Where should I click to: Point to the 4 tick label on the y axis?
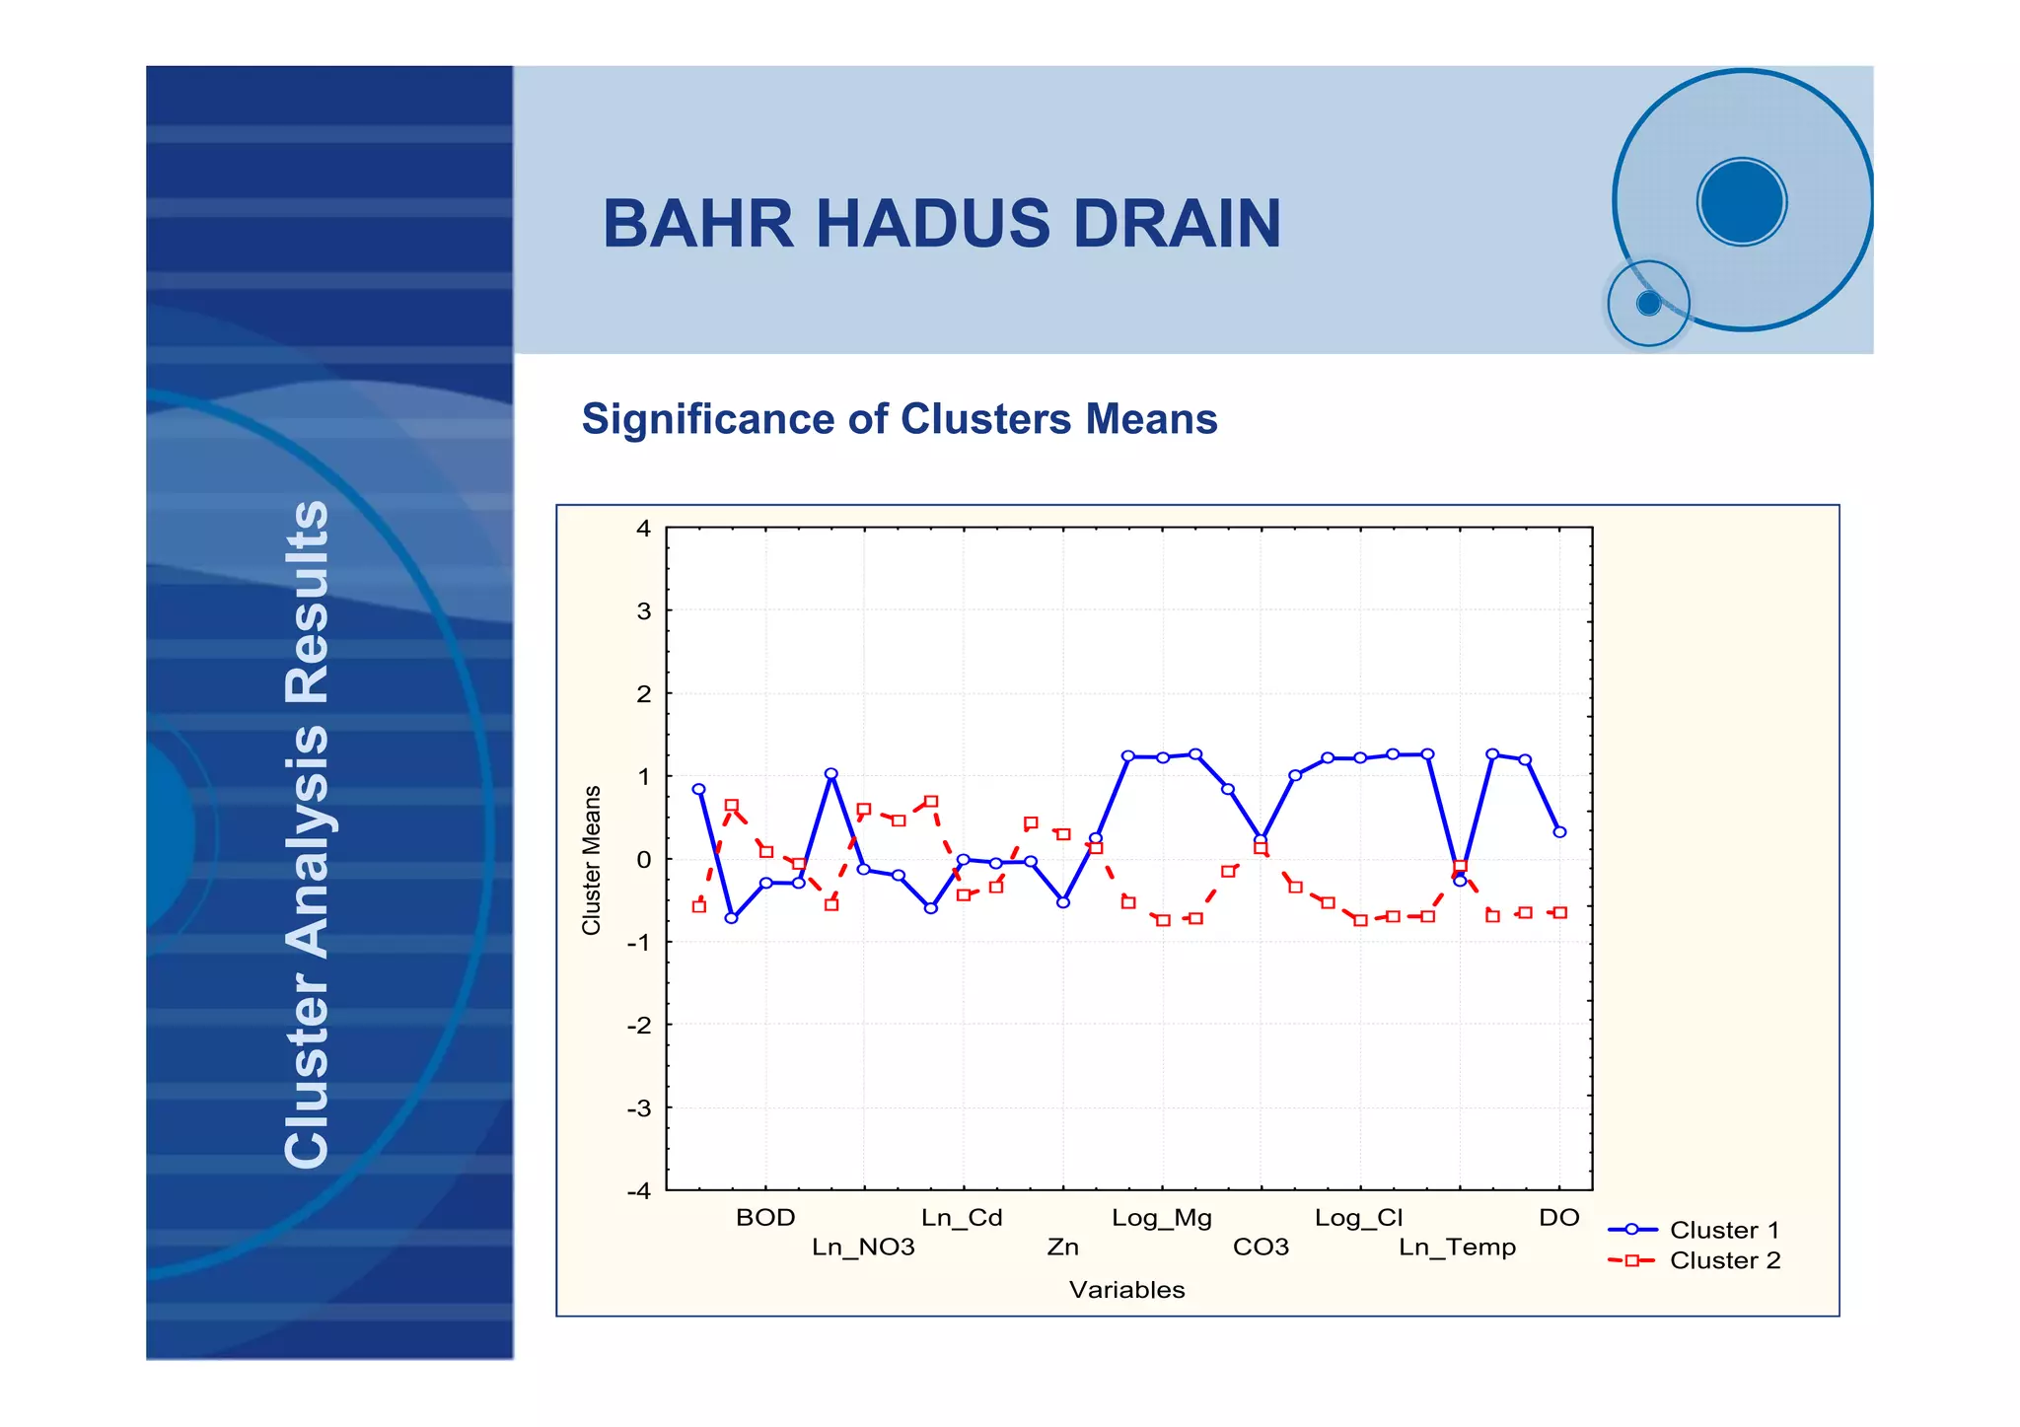[643, 529]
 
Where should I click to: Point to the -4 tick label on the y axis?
[639, 1190]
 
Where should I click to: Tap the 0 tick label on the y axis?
[643, 859]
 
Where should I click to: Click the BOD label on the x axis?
[765, 1218]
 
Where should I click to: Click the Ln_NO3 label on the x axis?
[863, 1248]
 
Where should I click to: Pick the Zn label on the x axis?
[1062, 1248]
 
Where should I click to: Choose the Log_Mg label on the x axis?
[1161, 1218]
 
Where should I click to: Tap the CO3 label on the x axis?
[1261, 1248]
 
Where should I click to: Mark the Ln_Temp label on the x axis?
[1457, 1248]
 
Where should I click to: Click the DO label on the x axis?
[1558, 1218]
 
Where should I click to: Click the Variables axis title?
[1126, 1290]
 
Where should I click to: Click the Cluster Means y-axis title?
[592, 860]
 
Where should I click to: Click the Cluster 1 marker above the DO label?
[1559, 831]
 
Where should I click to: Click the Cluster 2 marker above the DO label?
[1559, 912]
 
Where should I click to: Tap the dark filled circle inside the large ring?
[1742, 201]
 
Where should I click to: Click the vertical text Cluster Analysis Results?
[307, 833]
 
